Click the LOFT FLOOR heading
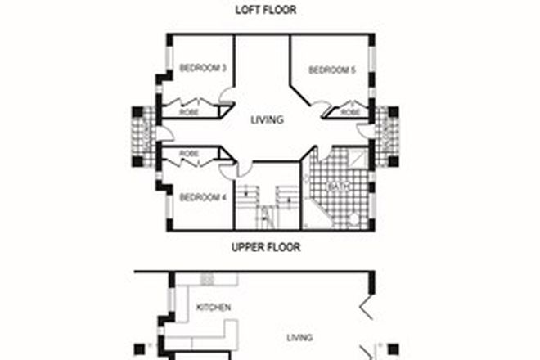(x=265, y=10)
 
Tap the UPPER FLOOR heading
(x=265, y=246)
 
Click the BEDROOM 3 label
(x=202, y=68)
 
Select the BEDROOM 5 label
(x=331, y=70)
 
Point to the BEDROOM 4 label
(x=202, y=197)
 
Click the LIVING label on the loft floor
(x=267, y=119)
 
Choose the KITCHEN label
(x=214, y=308)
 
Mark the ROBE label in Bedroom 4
(x=189, y=153)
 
